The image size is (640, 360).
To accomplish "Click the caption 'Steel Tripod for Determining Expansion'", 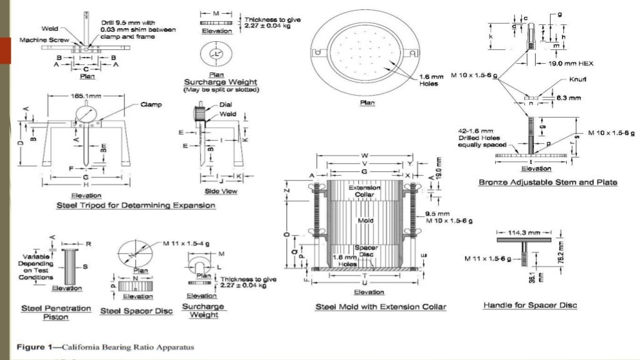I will pos(136,205).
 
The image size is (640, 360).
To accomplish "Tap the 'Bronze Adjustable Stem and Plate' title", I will pos(547,182).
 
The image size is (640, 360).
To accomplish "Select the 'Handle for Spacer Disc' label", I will pos(530,305).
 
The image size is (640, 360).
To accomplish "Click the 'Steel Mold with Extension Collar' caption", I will pos(381,306).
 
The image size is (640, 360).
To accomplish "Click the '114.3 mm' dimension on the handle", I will pos(523,232).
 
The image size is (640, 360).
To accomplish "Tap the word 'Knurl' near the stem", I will pos(577,80).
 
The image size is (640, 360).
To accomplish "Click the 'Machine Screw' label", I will pos(39,39).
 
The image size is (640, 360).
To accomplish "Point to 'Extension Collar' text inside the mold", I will pos(360,191).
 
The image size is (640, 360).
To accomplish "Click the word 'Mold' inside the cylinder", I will pos(365,221).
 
